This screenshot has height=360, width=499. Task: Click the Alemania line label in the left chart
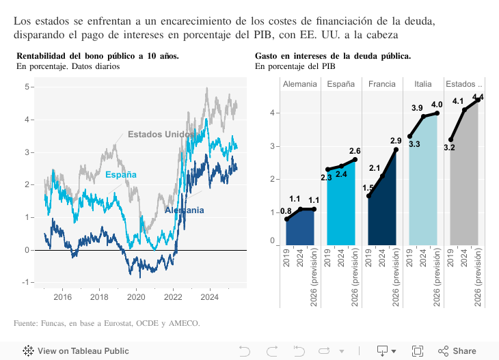click(184, 210)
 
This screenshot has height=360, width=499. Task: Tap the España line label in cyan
click(121, 175)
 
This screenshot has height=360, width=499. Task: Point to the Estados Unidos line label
click(161, 135)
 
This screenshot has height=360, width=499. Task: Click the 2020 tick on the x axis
click(136, 297)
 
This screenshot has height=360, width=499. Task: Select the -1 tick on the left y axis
click(27, 282)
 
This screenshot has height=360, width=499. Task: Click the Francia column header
click(382, 84)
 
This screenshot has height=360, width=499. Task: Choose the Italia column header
click(422, 84)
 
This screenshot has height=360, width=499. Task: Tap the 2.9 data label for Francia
click(396, 141)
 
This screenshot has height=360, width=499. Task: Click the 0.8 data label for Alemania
click(286, 211)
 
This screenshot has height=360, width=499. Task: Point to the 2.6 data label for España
click(355, 151)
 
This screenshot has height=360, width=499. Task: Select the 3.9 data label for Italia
click(418, 108)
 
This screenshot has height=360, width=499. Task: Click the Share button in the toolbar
click(457, 351)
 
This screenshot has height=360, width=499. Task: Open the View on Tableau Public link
click(76, 351)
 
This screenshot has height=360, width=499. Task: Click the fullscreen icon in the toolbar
click(418, 351)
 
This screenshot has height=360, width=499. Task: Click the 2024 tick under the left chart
click(210, 297)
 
